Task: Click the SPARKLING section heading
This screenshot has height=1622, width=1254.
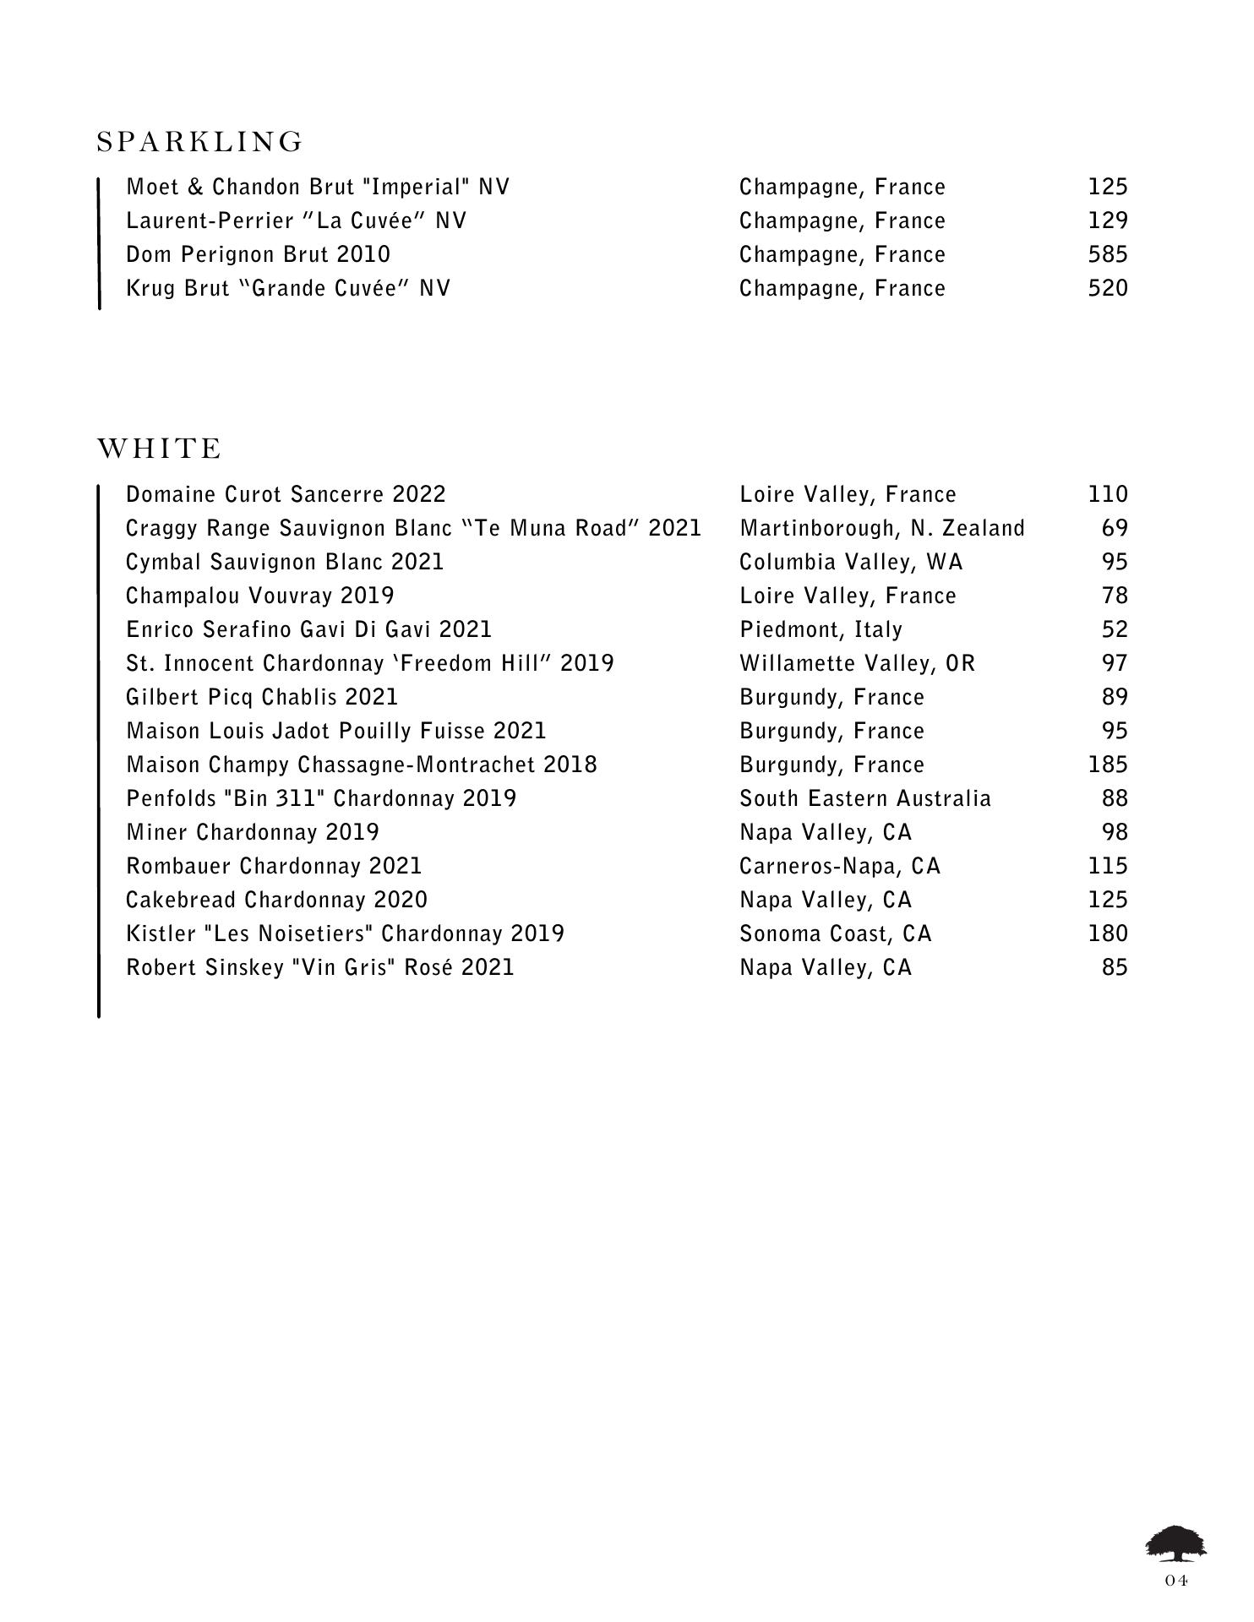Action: click(x=199, y=142)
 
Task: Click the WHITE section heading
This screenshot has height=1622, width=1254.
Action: click(x=160, y=449)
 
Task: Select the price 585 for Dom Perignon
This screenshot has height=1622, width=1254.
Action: click(x=1107, y=254)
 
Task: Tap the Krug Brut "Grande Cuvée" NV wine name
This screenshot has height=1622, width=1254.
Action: click(x=288, y=288)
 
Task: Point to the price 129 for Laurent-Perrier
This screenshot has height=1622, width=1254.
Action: click(x=1107, y=220)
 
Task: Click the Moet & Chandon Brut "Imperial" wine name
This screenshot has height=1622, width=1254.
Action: click(x=318, y=187)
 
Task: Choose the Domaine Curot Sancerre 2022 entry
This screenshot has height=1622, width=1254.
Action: click(x=286, y=494)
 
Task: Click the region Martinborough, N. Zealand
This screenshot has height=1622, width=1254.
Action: click(x=881, y=528)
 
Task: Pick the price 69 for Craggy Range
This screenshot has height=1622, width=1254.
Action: click(x=1115, y=528)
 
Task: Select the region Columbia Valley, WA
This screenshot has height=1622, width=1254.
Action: click(x=851, y=562)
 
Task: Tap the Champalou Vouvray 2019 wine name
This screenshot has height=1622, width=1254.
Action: click(x=259, y=596)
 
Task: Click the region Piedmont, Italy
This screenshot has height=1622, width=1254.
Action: click(x=821, y=629)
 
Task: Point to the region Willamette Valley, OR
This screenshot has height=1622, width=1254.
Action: click(x=857, y=663)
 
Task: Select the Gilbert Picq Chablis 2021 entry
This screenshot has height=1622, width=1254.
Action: click(x=262, y=697)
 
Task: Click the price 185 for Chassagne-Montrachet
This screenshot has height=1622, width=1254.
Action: click(x=1107, y=765)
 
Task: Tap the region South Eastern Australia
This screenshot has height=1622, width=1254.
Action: click(x=864, y=798)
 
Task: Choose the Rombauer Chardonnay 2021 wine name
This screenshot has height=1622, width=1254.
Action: click(x=274, y=866)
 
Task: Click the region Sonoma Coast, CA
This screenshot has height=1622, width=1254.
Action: click(x=835, y=933)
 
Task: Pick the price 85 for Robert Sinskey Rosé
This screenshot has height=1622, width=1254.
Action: click(x=1115, y=967)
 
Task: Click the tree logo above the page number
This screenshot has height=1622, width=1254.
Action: click(x=1175, y=1543)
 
